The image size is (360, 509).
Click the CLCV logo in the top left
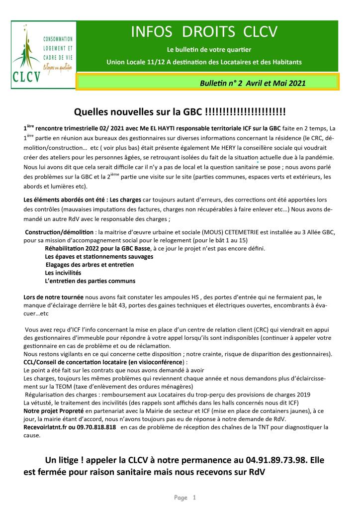pos(43,54)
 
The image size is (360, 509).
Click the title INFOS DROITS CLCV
pos(204,33)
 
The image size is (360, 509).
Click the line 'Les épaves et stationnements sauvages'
pos(99,256)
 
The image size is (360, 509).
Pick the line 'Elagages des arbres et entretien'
pos(90,265)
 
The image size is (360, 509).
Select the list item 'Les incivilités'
pos(63,273)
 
